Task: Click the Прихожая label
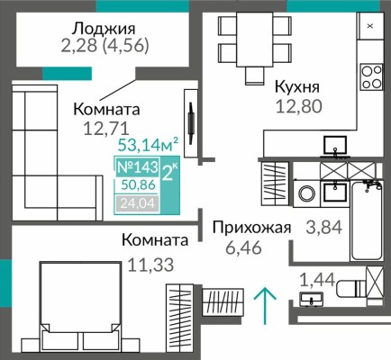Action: pos(250,228)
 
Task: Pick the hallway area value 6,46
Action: pos(250,249)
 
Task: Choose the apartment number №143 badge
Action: pos(134,166)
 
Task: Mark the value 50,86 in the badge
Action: pos(134,185)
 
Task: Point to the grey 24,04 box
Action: pos(134,203)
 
